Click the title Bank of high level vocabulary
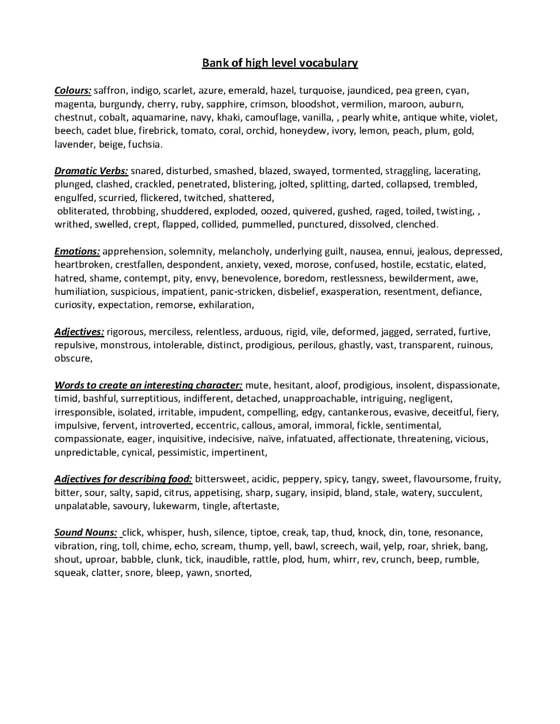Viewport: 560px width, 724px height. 279,63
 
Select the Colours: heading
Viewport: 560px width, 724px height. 73,91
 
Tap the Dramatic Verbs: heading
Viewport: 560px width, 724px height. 91,171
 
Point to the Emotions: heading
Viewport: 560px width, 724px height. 77,251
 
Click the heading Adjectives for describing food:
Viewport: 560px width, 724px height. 123,479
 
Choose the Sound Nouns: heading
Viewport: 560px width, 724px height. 86,533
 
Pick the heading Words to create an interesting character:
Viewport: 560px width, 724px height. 148,385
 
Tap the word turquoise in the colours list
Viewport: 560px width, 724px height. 320,91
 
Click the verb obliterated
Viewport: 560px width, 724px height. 82,211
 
